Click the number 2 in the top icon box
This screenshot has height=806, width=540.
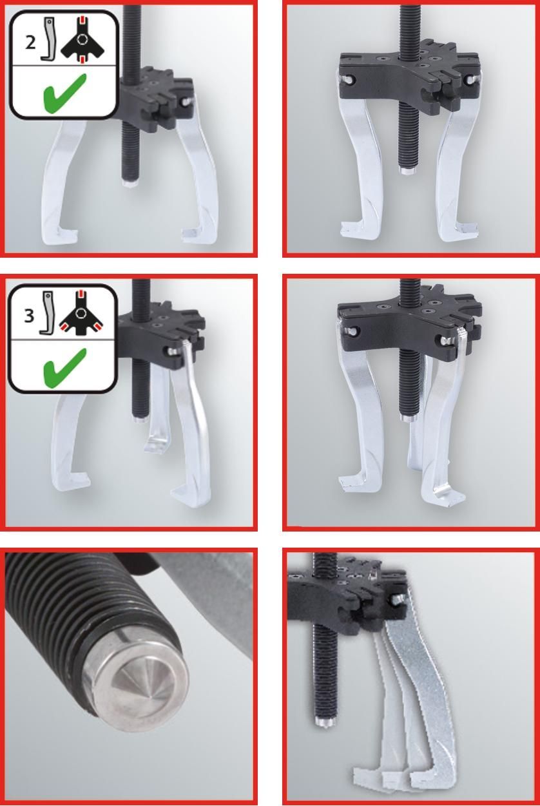click(x=30, y=43)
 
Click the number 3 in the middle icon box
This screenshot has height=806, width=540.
click(x=29, y=316)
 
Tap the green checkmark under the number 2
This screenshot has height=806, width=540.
click(x=65, y=93)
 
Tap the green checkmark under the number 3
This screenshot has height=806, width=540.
click(x=65, y=368)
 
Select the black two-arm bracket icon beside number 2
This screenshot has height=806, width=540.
click(x=82, y=40)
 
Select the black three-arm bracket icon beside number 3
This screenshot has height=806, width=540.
click(x=81, y=313)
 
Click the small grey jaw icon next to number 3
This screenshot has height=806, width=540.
click(x=48, y=312)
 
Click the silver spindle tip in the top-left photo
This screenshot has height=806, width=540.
click(x=130, y=182)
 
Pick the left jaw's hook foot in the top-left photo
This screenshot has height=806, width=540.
click(x=61, y=234)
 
